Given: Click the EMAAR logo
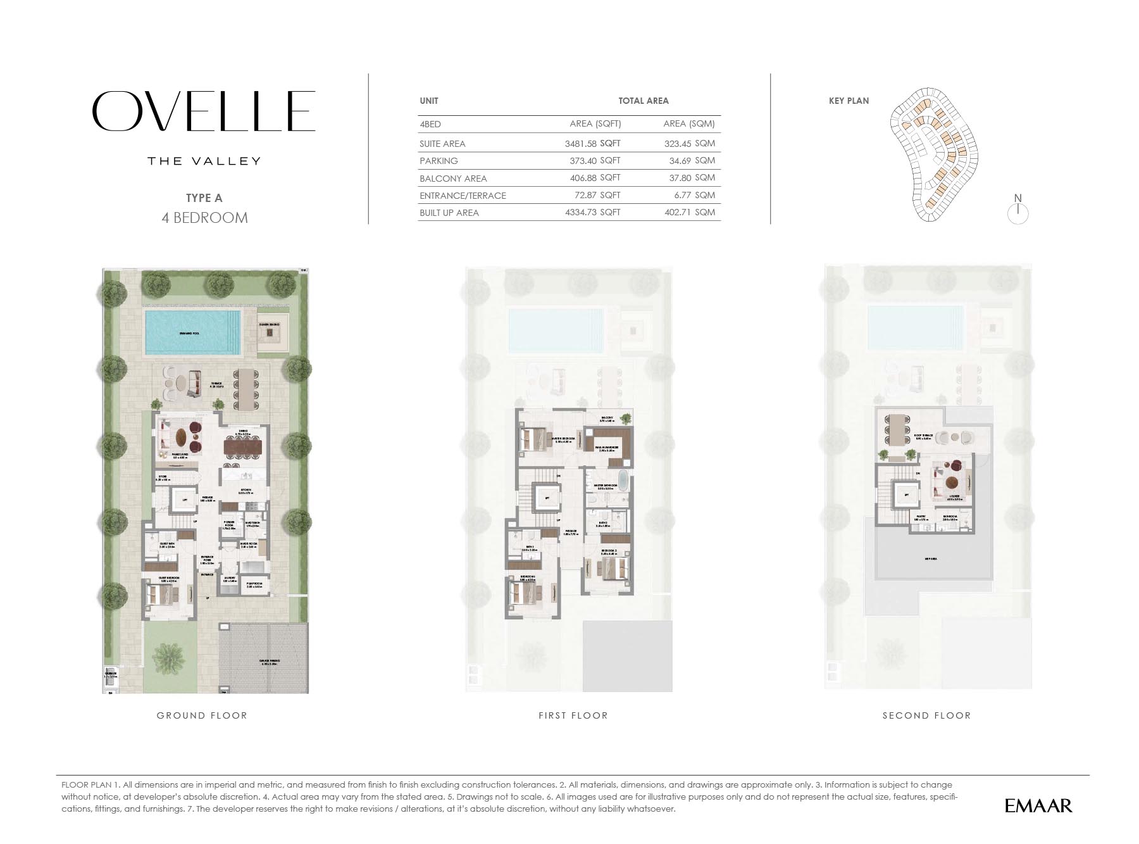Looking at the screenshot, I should pyautogui.click(x=1038, y=805).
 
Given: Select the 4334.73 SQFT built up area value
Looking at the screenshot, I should pyautogui.click(x=592, y=213).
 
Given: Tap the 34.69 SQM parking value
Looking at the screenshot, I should pyautogui.click(x=692, y=161).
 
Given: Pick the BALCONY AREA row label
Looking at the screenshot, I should pyautogui.click(x=453, y=179).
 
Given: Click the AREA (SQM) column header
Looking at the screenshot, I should pyautogui.click(x=688, y=124).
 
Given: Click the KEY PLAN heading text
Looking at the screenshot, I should pyautogui.click(x=849, y=101).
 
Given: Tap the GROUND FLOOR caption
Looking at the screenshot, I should pyautogui.click(x=202, y=715).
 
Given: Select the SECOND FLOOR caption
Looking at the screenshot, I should pyautogui.click(x=926, y=715).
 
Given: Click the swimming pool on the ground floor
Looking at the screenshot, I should pyautogui.click(x=192, y=332).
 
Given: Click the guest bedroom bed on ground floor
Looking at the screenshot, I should pyautogui.click(x=161, y=594).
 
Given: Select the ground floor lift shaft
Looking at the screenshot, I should pyautogui.click(x=185, y=500).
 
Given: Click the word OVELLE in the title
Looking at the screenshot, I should pyautogui.click(x=203, y=111).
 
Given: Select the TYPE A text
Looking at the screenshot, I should pyautogui.click(x=204, y=198).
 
